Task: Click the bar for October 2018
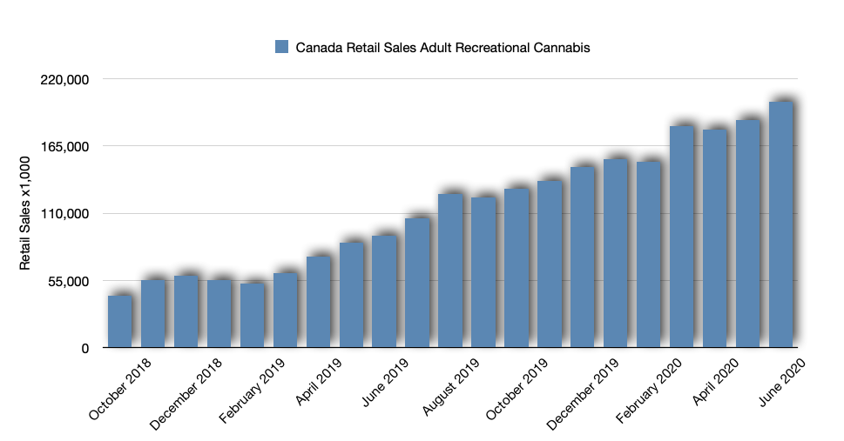(x=119, y=322)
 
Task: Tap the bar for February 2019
(x=253, y=315)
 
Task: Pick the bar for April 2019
(x=319, y=302)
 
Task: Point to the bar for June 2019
(x=385, y=291)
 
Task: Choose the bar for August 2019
(x=451, y=271)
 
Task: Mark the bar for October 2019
(x=517, y=268)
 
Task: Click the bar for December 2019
(x=583, y=257)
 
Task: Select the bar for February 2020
(x=649, y=254)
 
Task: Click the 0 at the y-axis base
(x=84, y=348)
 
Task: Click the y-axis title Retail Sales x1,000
(x=25, y=212)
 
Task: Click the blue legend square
(x=281, y=47)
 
